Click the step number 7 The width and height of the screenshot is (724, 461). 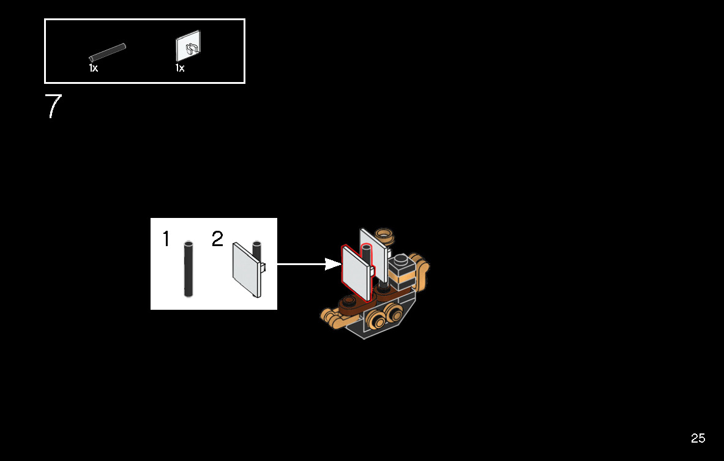(53, 106)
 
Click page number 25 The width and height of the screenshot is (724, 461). (698, 438)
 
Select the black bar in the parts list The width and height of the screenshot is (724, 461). (108, 53)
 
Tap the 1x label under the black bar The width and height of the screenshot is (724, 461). (93, 68)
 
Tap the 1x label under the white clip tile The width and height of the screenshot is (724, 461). (180, 68)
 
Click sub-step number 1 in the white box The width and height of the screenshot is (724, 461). (166, 239)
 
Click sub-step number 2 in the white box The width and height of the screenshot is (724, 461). (218, 239)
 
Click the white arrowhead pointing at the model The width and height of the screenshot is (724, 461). (333, 264)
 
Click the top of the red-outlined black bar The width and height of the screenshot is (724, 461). (367, 247)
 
